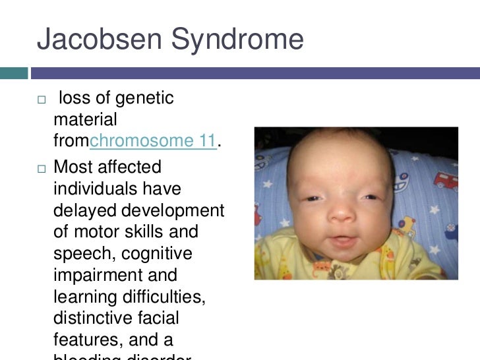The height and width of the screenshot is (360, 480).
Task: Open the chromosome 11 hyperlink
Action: point(153,140)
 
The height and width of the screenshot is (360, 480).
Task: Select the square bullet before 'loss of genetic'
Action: point(42,100)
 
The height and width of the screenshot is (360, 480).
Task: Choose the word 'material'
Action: point(85,119)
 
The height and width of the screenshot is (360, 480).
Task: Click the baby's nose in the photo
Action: point(344,212)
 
